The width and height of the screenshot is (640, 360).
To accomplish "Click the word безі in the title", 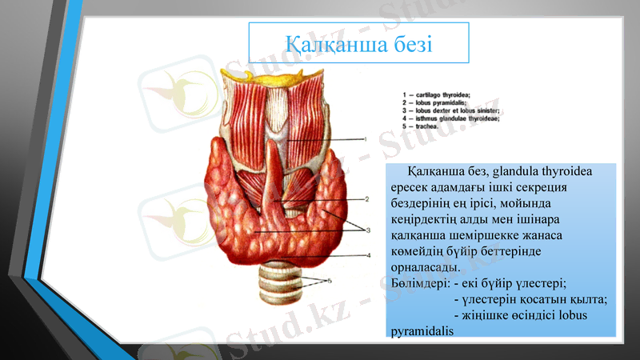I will tap(410, 42).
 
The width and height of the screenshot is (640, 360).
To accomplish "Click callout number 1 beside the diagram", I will tap(366, 138).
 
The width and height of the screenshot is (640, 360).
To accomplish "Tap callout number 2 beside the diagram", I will tap(366, 198).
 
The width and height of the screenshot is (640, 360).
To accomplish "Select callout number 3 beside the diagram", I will tap(369, 230).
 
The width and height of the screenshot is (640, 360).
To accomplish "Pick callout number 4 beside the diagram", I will tap(368, 255).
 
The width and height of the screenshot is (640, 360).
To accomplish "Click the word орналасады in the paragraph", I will tap(426, 268).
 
